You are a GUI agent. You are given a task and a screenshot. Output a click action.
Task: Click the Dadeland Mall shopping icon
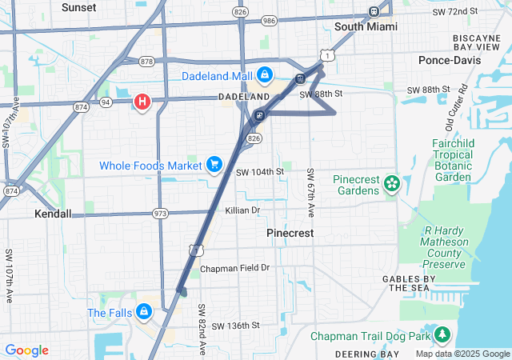(265, 75)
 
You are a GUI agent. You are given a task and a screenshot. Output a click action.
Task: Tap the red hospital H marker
(142, 102)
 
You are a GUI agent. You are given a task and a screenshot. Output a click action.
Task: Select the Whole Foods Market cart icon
(214, 165)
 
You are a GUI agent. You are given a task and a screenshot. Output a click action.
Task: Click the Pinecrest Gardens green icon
(391, 185)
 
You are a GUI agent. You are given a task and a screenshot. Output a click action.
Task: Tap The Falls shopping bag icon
(144, 311)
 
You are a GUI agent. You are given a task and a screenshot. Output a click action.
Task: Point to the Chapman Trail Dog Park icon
(442, 335)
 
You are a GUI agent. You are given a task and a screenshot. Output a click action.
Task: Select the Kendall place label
(54, 214)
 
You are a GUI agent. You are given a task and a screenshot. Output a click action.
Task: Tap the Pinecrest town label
(289, 232)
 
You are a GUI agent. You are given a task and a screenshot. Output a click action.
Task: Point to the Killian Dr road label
(243, 210)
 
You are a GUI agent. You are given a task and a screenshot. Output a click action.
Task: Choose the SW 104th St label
(260, 172)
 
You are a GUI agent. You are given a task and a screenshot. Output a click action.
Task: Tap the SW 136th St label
(237, 326)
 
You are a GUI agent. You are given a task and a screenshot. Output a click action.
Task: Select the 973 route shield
(161, 214)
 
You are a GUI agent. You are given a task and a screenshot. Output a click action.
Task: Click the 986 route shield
(268, 20)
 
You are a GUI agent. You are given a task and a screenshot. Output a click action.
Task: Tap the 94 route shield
(105, 102)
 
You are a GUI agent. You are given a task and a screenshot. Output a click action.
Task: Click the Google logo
(26, 350)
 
